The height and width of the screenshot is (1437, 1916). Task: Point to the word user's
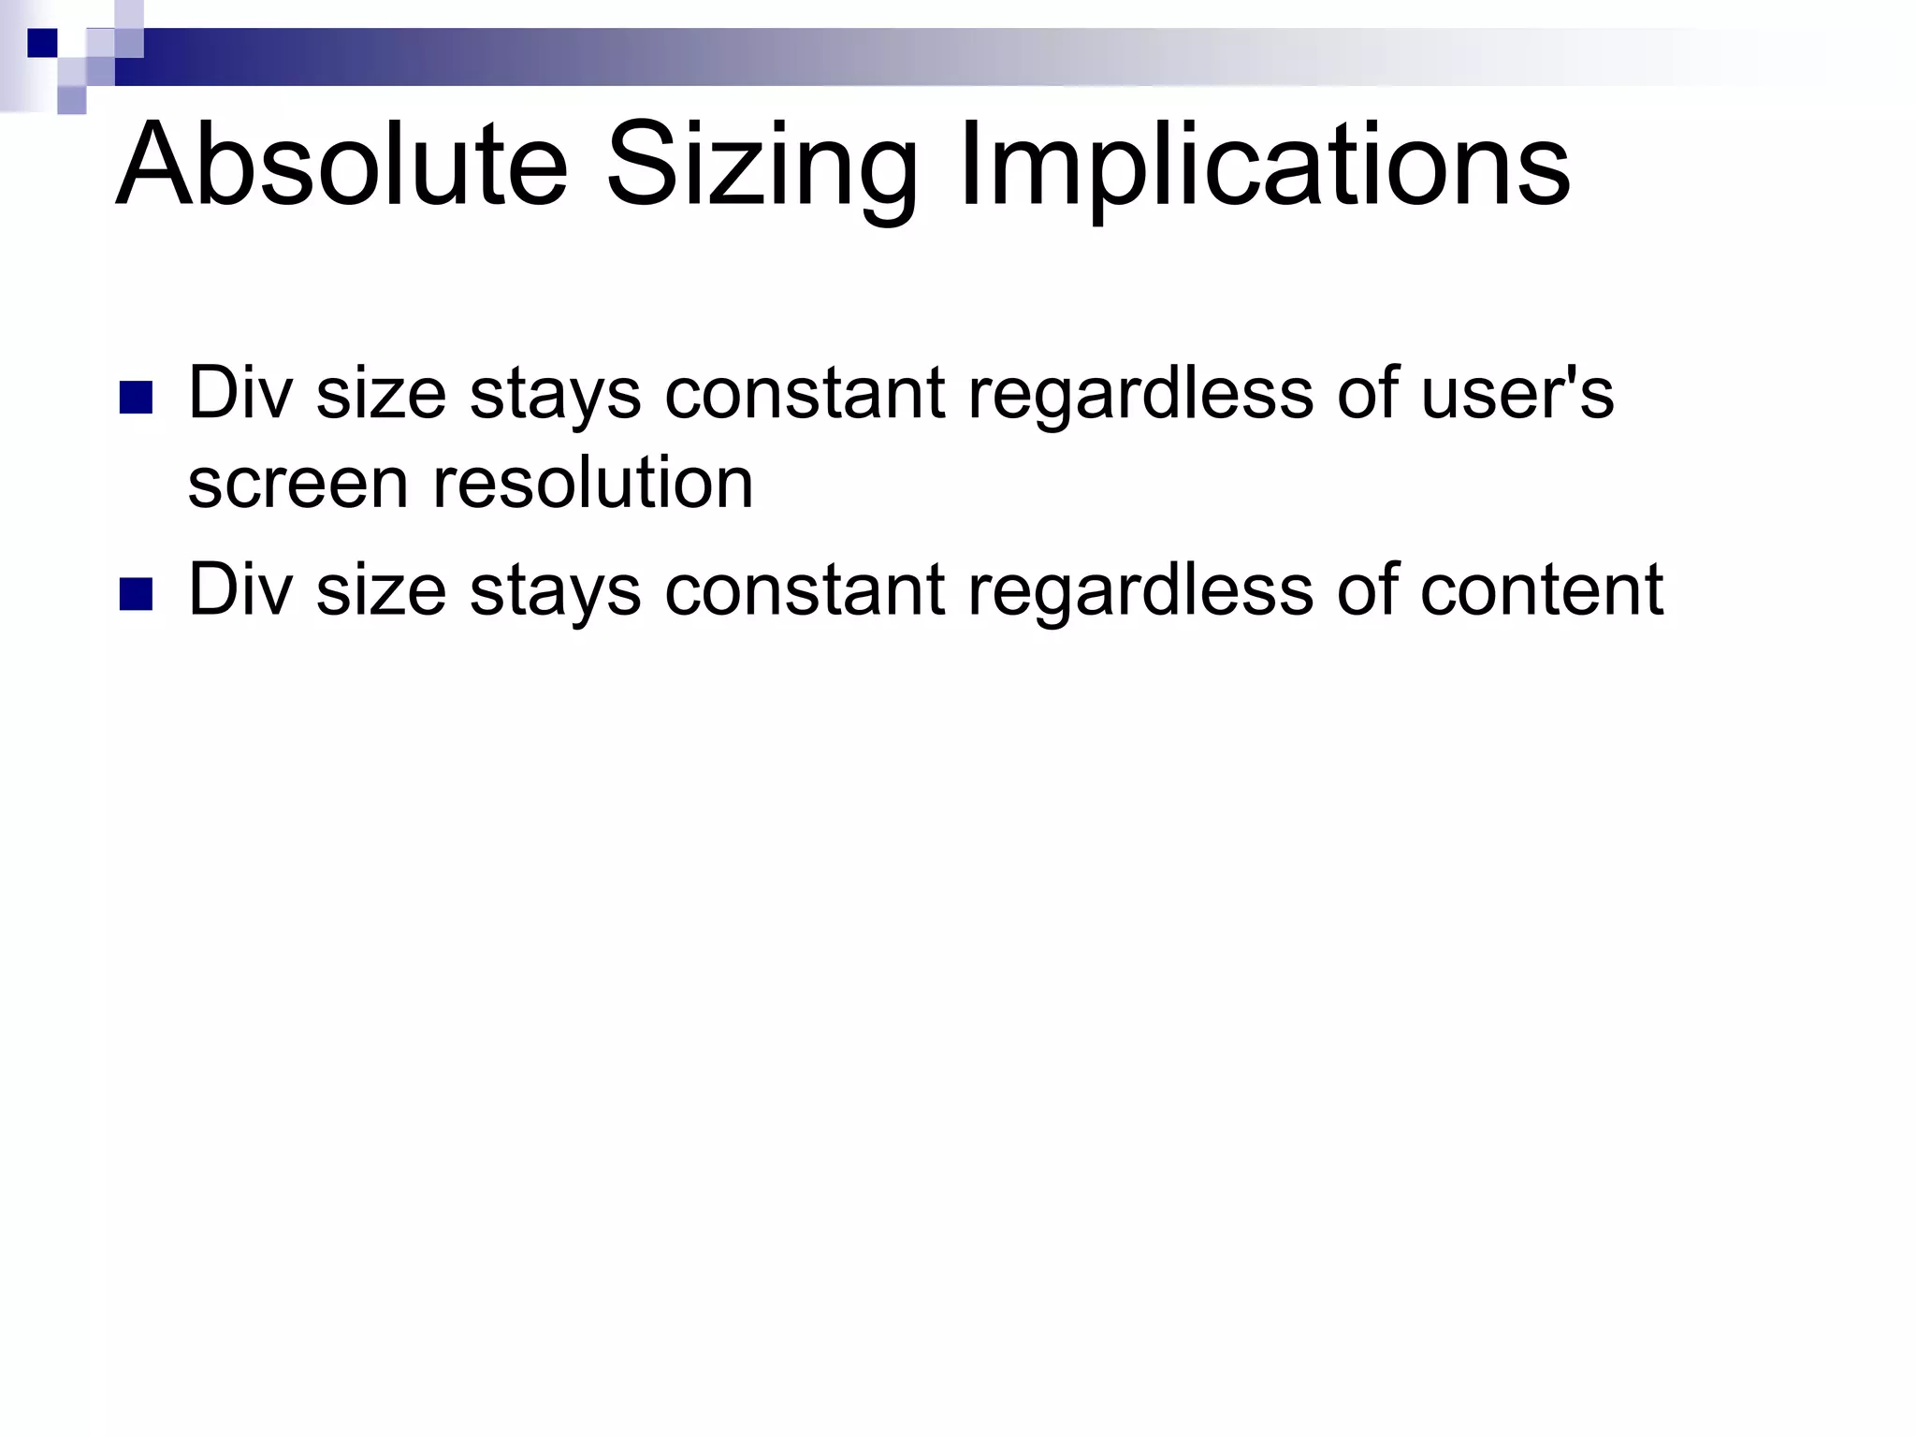[1517, 393]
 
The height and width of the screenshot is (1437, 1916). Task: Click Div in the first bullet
[240, 393]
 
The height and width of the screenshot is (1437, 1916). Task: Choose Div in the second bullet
[240, 589]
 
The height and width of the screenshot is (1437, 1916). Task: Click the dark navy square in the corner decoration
[43, 43]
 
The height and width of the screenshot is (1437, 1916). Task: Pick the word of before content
[1368, 589]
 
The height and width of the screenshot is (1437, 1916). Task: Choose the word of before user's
[1368, 393]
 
